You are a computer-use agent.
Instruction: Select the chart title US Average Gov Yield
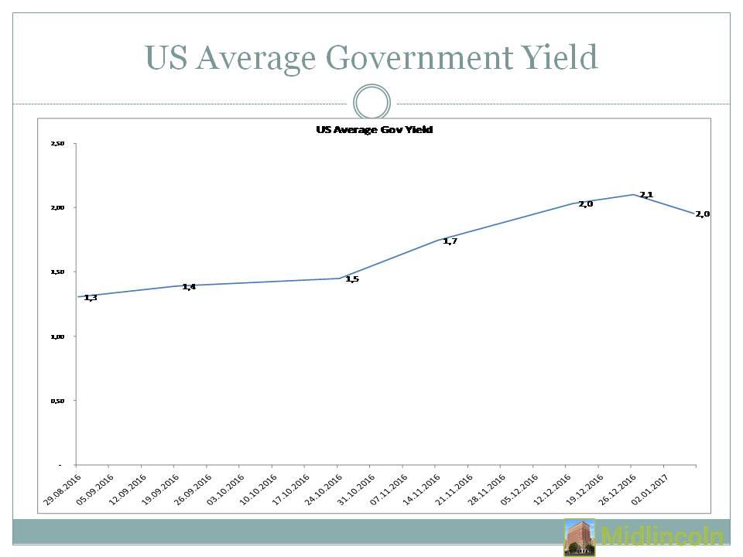[374, 130]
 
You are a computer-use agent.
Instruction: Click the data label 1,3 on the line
[91, 298]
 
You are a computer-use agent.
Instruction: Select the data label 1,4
[189, 287]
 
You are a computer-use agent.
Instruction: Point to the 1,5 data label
[352, 278]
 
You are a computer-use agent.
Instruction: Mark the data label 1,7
[450, 241]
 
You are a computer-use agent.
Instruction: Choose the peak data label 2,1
[646, 194]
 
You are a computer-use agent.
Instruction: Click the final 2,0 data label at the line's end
[703, 214]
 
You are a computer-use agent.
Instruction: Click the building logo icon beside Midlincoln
[579, 538]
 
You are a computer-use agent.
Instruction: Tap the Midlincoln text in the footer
[662, 538]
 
